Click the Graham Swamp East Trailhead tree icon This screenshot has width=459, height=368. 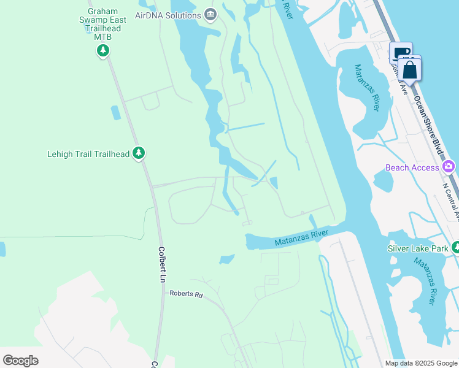tap(103, 50)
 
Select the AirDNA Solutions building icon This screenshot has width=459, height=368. tap(210, 14)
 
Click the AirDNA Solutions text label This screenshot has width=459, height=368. tap(168, 15)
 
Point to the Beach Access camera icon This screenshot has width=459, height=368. tap(449, 166)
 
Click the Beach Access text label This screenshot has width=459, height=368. tap(412, 167)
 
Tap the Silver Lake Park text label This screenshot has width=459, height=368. tap(418, 248)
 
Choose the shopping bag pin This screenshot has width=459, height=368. tap(409, 70)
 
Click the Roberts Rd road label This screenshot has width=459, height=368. tap(186, 294)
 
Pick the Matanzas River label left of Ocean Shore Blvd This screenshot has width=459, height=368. tap(367, 87)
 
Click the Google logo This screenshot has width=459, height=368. tap(20, 360)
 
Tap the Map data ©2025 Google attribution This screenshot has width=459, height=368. tap(420, 363)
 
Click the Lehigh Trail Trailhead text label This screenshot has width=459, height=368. tap(88, 154)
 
